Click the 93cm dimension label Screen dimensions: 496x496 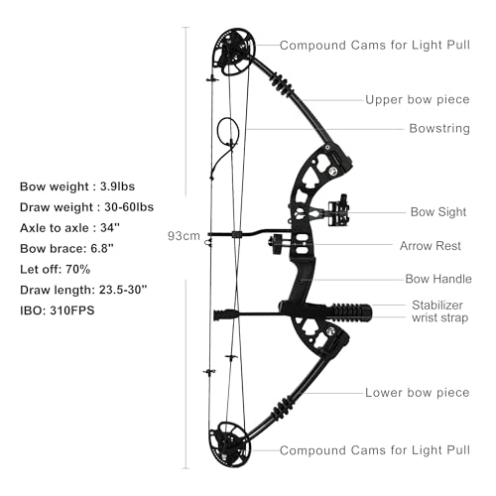pos(184,236)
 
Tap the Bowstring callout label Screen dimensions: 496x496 pos(439,128)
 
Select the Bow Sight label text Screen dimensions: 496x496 pos(438,212)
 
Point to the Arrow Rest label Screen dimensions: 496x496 pos(431,246)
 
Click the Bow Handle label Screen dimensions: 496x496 pos(438,279)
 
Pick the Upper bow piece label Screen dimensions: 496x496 pos(418,99)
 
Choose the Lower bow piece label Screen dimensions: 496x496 pos(418,393)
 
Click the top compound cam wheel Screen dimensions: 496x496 pos(234,52)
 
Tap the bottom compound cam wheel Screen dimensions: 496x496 pos(229,443)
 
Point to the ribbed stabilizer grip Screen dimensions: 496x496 pos(350,312)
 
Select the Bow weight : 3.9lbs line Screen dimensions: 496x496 pos(77,186)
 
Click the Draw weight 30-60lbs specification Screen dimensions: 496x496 pos(86,207)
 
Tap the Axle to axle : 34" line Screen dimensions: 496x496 pos(69,228)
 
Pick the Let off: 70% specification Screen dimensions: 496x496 pos(55,269)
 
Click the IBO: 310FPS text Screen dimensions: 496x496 pos(58,310)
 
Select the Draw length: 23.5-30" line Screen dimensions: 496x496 pos(83,290)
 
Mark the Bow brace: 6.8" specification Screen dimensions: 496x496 pos(66,249)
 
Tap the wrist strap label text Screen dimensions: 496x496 pos(440,317)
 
